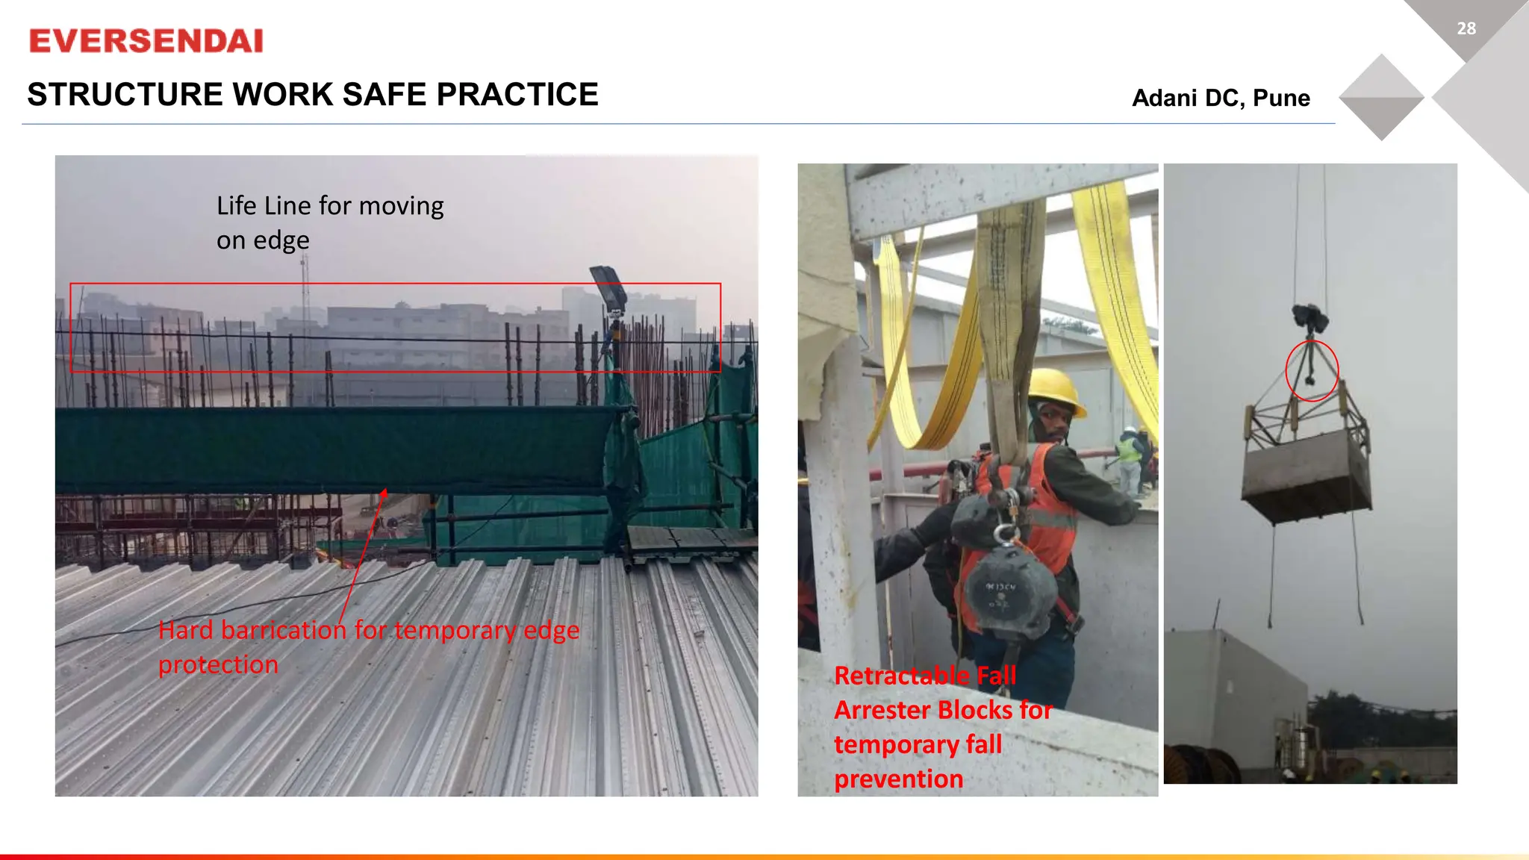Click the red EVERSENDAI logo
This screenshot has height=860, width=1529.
pos(146,41)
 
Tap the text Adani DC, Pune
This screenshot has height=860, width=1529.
pos(1221,98)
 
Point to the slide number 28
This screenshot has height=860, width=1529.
pos(1466,28)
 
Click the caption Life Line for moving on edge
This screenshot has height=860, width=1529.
pos(329,222)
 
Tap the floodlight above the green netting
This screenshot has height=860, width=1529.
pos(608,287)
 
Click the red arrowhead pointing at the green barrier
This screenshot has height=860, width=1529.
pos(384,493)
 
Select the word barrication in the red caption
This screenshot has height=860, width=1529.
pos(284,630)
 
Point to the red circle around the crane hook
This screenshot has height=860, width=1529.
pos(1312,370)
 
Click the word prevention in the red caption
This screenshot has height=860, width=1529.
pos(898,779)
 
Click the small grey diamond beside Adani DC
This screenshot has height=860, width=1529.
pos(1381,97)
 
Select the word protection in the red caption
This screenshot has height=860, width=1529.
pos(218,664)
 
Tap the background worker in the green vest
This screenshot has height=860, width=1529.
pos(1129,448)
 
